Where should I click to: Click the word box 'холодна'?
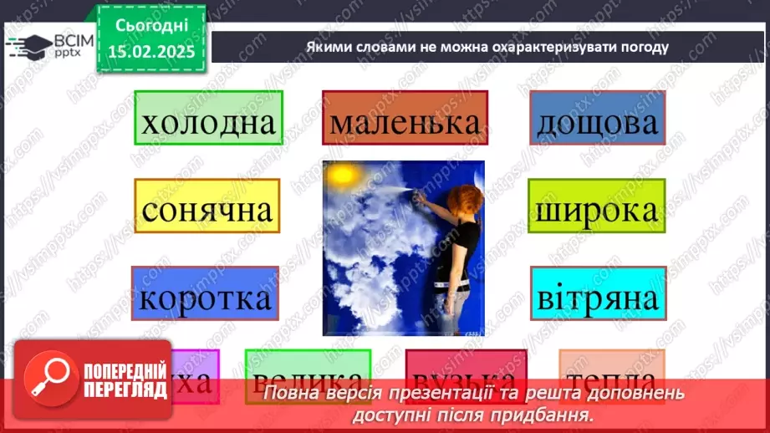point(207,123)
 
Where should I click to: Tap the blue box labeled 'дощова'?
point(597,123)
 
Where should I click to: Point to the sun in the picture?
point(341,177)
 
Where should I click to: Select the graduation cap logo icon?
point(26,44)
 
